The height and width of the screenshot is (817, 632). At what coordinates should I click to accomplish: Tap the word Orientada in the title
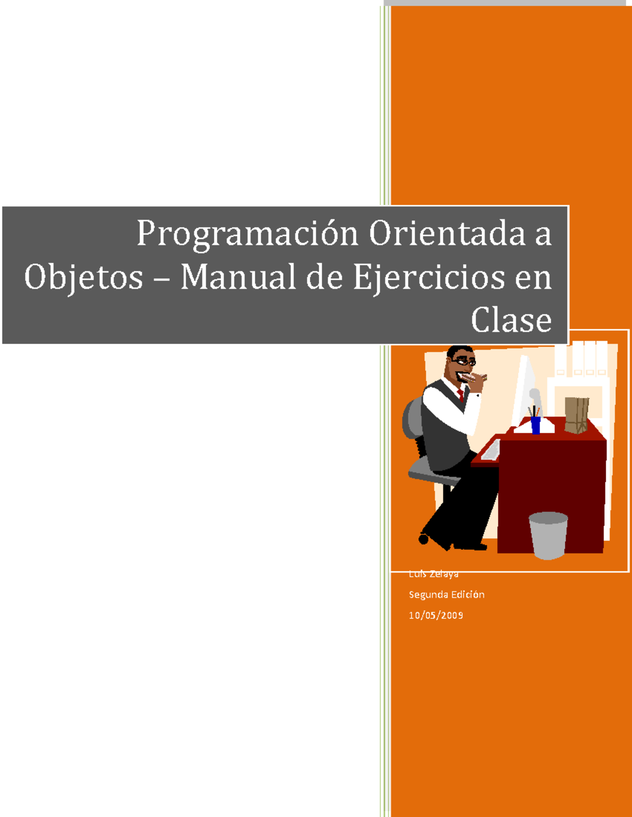pos(447,233)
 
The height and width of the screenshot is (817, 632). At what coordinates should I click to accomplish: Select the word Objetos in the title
pos(83,277)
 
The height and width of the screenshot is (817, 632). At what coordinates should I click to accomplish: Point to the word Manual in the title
pos(238,277)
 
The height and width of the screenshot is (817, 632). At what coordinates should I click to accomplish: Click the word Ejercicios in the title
pos(429,277)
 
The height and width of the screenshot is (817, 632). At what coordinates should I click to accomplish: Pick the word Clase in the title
pos(511,320)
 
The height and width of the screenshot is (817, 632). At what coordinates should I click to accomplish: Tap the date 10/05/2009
pos(436,615)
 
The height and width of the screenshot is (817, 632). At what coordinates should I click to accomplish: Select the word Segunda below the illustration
pos(428,595)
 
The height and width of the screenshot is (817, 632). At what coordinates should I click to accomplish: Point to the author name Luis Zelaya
pos(433,574)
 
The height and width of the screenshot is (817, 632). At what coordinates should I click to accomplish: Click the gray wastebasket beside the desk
pos(548,534)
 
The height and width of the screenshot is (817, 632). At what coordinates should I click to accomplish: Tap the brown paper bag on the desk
pos(576,415)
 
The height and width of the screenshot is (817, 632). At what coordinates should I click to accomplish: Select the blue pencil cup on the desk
pos(536,425)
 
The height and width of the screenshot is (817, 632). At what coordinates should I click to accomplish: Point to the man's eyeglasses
pos(463,361)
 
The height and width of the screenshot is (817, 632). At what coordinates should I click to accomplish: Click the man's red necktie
pos(460,395)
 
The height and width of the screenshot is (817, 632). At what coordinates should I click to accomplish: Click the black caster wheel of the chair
pos(423,539)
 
